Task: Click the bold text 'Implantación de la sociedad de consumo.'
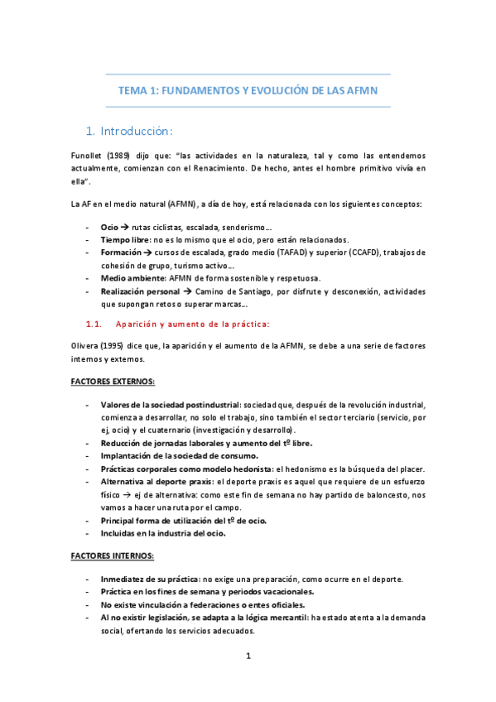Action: point(178,455)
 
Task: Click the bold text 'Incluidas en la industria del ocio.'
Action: point(168,533)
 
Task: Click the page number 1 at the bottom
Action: point(248,656)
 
